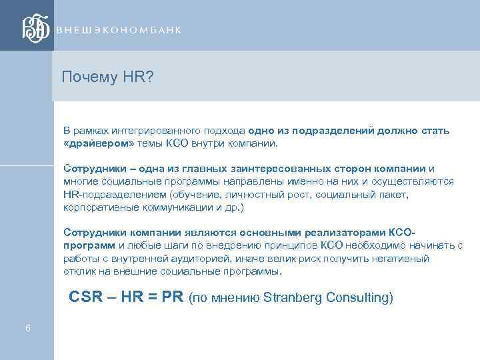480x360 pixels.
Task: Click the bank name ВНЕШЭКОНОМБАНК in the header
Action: tap(119, 31)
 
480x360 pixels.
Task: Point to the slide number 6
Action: tap(27, 328)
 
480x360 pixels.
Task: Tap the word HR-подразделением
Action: tap(114, 194)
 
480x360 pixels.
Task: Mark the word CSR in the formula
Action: tap(85, 297)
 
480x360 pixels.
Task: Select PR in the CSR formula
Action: tap(173, 297)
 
